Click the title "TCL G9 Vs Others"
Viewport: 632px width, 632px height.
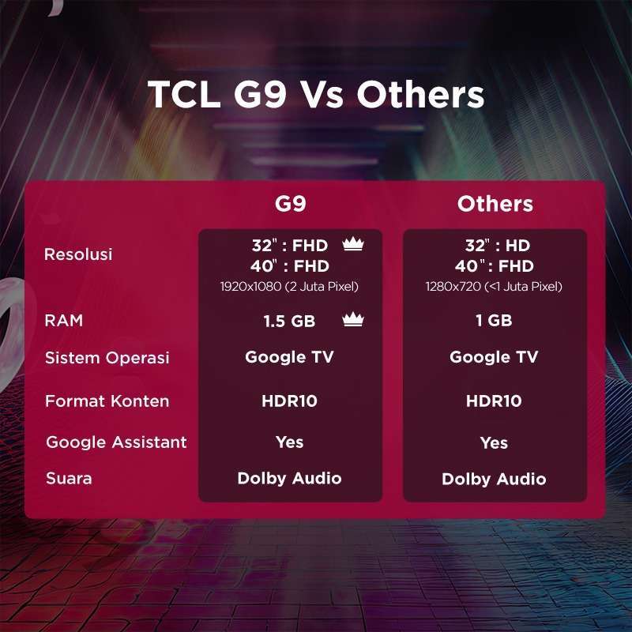tap(316, 95)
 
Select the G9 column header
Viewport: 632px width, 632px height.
tap(290, 204)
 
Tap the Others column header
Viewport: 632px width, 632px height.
tap(495, 204)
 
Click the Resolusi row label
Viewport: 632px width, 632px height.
tap(78, 254)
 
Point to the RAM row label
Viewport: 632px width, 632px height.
tap(63, 321)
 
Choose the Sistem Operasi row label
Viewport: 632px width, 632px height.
tap(107, 358)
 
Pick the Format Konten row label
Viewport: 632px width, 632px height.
tap(107, 401)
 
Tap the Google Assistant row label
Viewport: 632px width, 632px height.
tap(116, 442)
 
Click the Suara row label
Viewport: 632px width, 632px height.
tap(68, 478)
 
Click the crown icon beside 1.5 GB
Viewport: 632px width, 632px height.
tap(352, 320)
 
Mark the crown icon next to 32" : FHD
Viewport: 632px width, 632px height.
tap(352, 245)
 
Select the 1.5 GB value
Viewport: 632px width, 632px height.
tap(289, 321)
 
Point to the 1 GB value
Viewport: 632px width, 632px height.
tap(495, 321)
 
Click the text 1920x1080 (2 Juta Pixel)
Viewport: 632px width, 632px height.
tap(289, 287)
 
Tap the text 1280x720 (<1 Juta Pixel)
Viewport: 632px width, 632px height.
tap(495, 287)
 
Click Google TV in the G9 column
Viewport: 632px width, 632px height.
tap(289, 357)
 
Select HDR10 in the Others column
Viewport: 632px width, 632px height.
tap(494, 401)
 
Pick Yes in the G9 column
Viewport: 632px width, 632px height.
tap(289, 442)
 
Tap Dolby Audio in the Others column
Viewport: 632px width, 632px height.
tap(494, 479)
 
